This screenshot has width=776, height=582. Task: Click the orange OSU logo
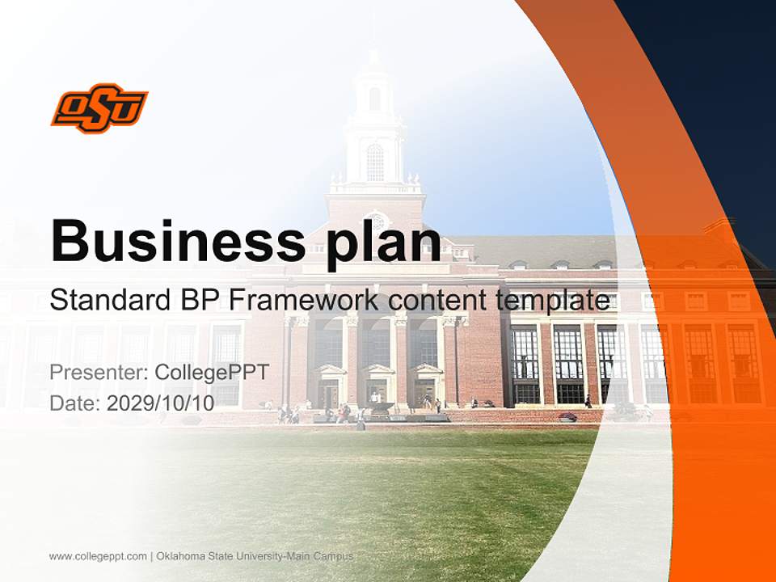(99, 108)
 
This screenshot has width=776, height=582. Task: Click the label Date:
(75, 403)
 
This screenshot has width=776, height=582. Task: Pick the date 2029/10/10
(161, 403)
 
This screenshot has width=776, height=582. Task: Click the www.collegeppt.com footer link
(98, 556)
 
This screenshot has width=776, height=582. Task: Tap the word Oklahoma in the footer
(183, 556)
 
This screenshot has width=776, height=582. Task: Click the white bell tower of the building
(374, 121)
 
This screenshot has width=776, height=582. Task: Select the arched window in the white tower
(375, 162)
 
